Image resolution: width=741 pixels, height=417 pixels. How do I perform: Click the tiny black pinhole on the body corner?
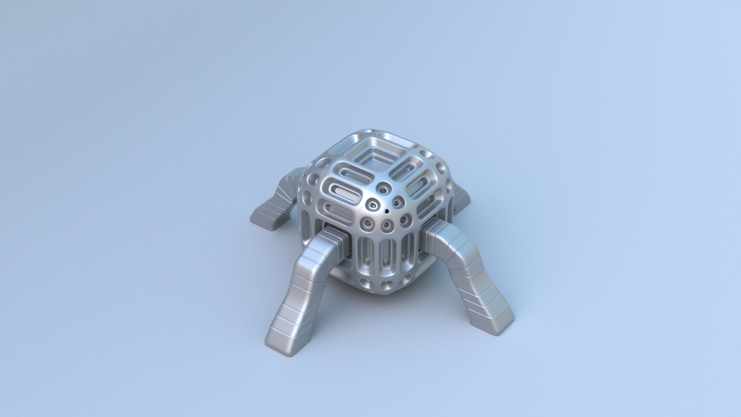tap(386, 211)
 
